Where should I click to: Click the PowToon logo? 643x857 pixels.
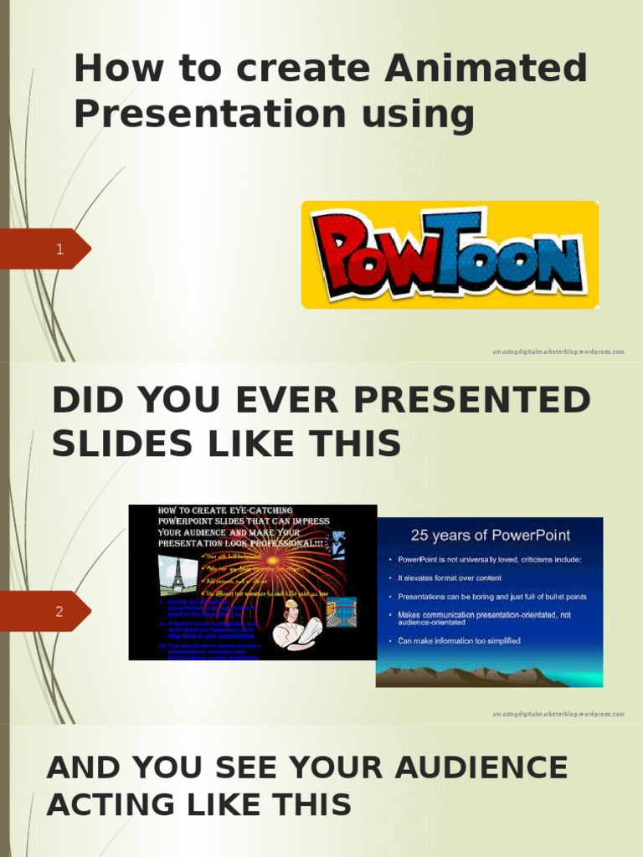click(450, 254)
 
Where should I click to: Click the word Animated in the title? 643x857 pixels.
click(486, 69)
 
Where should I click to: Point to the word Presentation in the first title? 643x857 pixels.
click(209, 114)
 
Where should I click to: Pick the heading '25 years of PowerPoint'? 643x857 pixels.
click(490, 536)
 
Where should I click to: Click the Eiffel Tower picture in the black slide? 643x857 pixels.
click(177, 575)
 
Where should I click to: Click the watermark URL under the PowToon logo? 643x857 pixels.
click(558, 352)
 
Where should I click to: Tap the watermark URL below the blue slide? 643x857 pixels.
click(558, 714)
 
